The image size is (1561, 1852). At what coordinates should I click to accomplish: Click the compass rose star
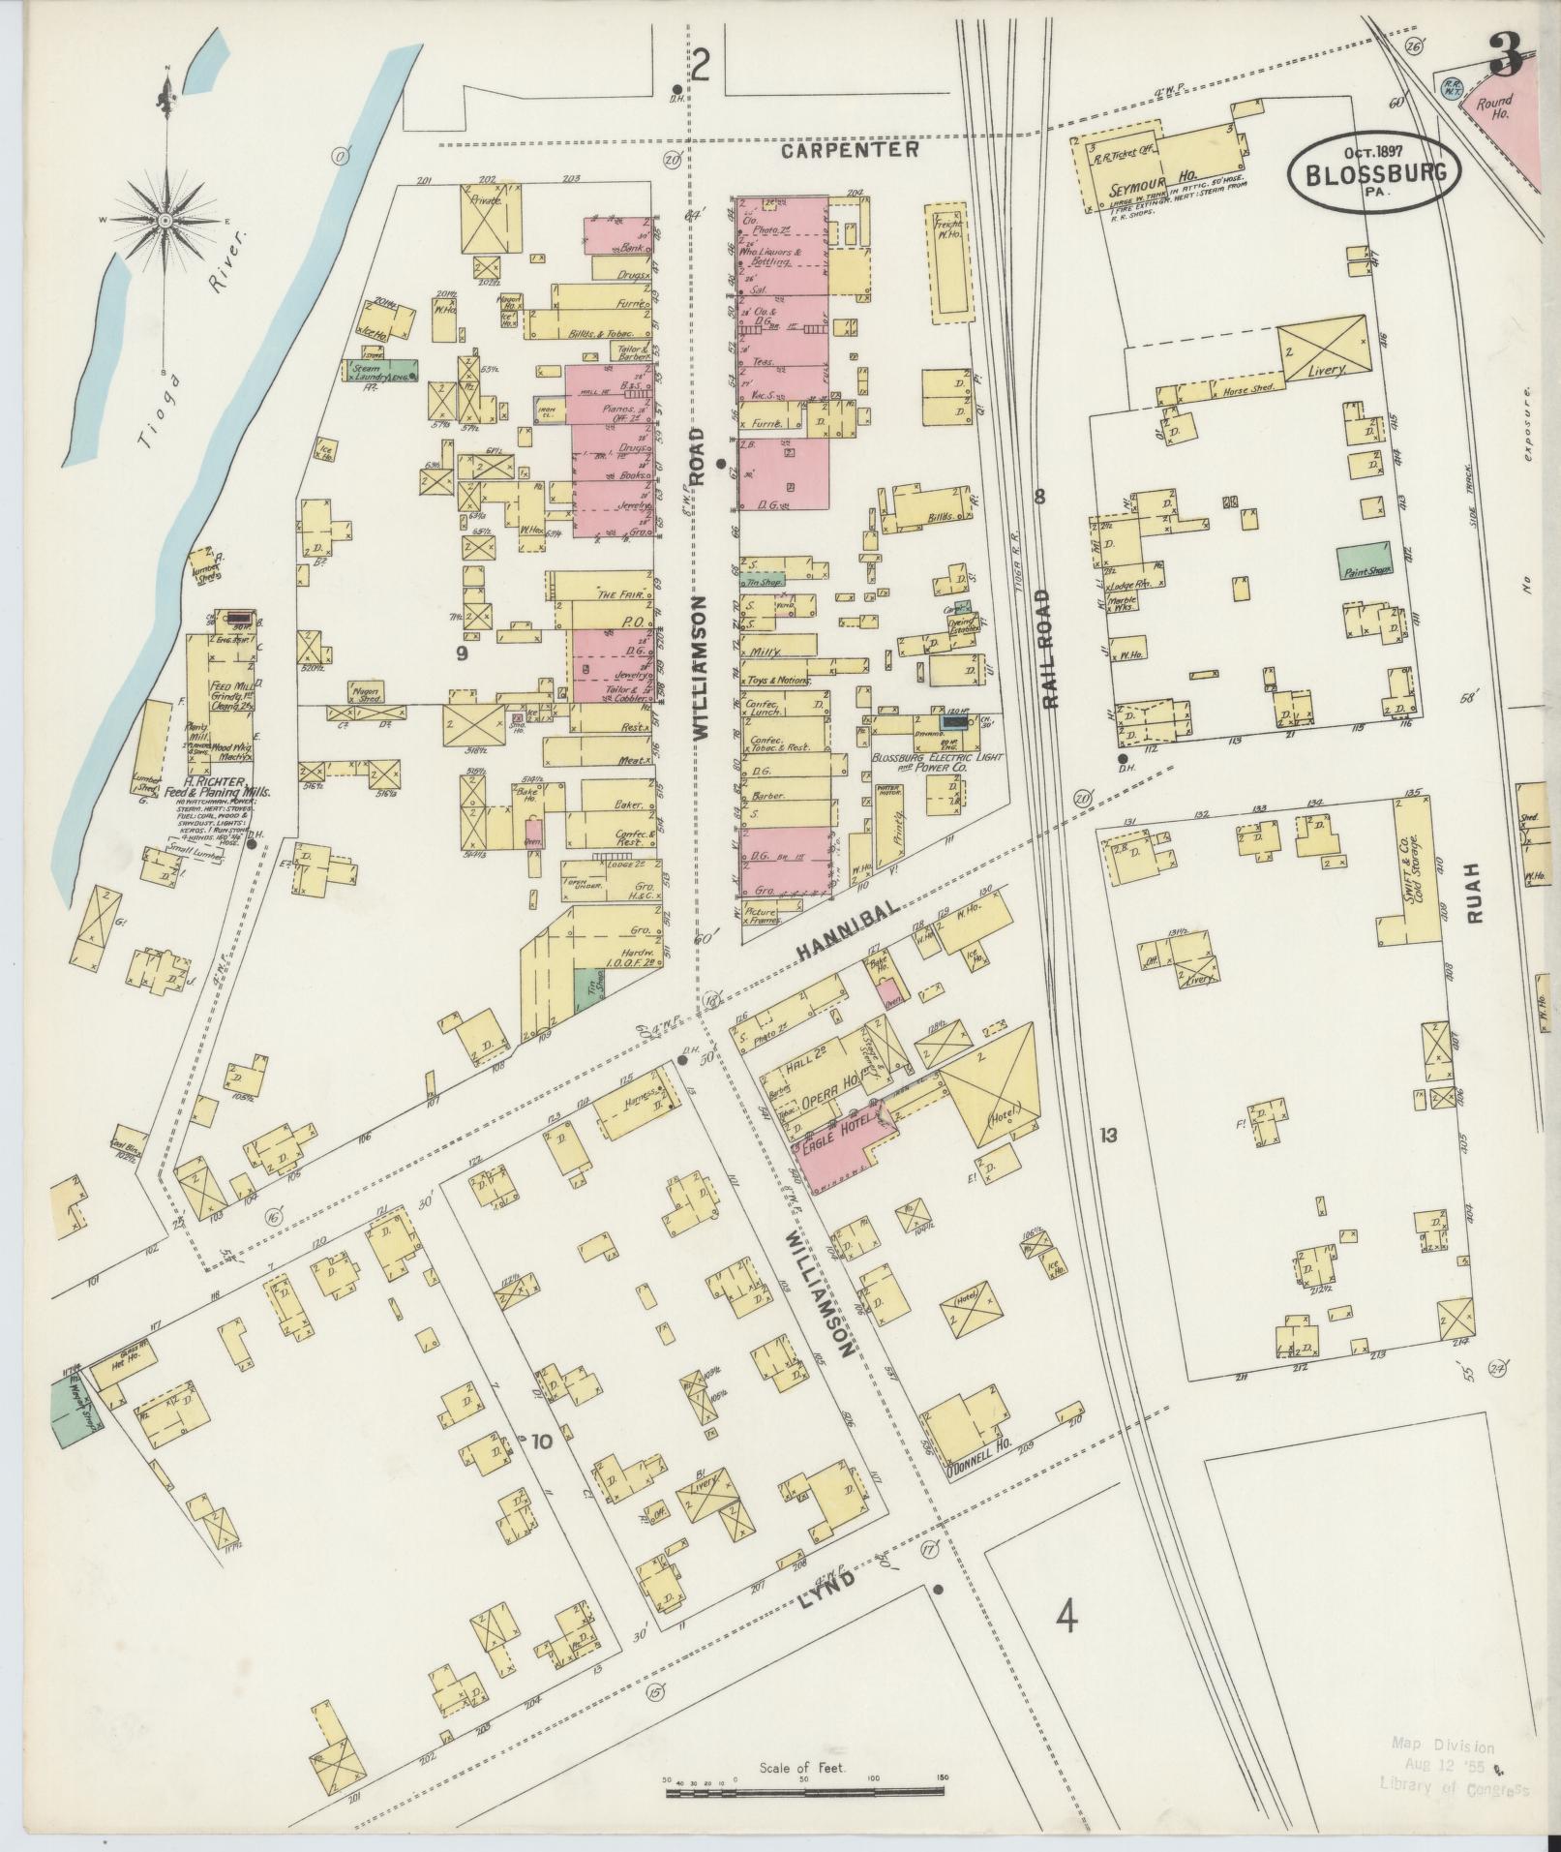pyautogui.click(x=165, y=221)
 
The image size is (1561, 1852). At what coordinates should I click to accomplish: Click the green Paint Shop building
pyautogui.click(x=1365, y=560)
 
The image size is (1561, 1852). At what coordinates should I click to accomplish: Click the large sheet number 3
pyautogui.click(x=1507, y=53)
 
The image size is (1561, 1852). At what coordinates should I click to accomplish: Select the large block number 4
pyautogui.click(x=1066, y=1617)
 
